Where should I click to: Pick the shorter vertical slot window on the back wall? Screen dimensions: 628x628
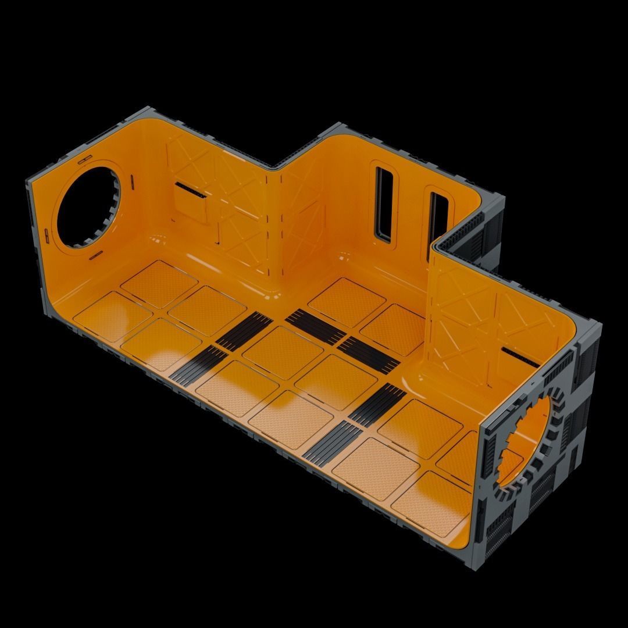click(437, 215)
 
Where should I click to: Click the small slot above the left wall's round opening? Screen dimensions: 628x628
click(84, 158)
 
